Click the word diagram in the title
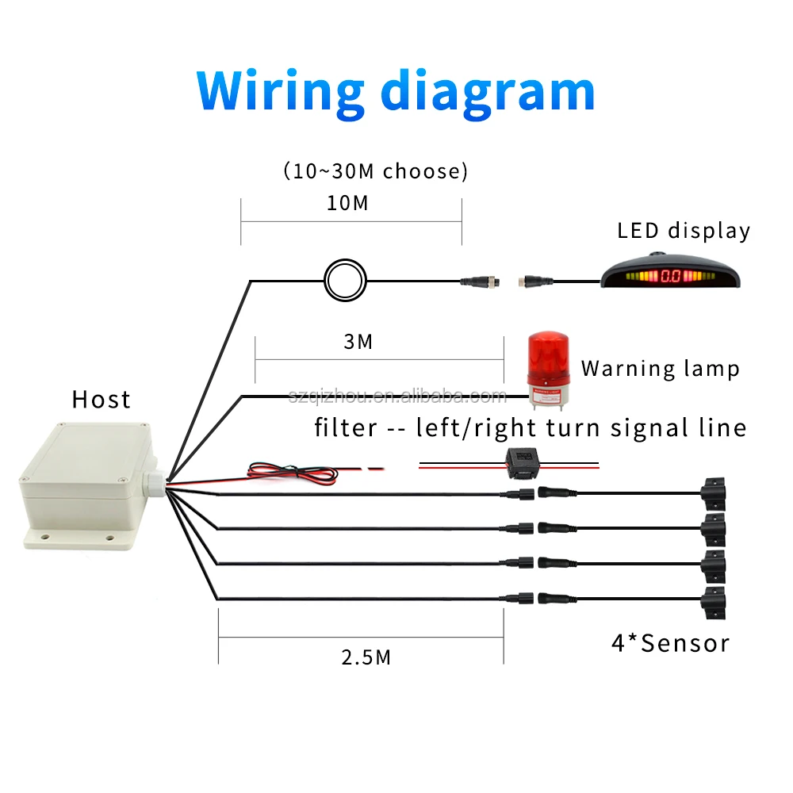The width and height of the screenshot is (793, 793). [x=488, y=92]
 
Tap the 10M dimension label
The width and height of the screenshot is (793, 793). [x=349, y=203]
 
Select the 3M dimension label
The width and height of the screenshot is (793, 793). [x=358, y=342]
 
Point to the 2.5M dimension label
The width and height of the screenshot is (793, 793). [x=366, y=657]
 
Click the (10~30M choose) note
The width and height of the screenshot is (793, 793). [x=375, y=171]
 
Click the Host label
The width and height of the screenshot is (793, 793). [x=101, y=399]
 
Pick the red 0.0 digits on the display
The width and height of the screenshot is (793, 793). [x=671, y=278]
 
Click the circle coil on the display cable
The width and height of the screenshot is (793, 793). [x=345, y=279]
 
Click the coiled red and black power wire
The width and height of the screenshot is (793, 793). [x=293, y=470]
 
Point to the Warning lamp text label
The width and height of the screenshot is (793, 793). [x=660, y=368]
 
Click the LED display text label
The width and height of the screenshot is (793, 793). [x=684, y=231]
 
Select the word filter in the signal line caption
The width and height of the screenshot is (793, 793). [x=346, y=428]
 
